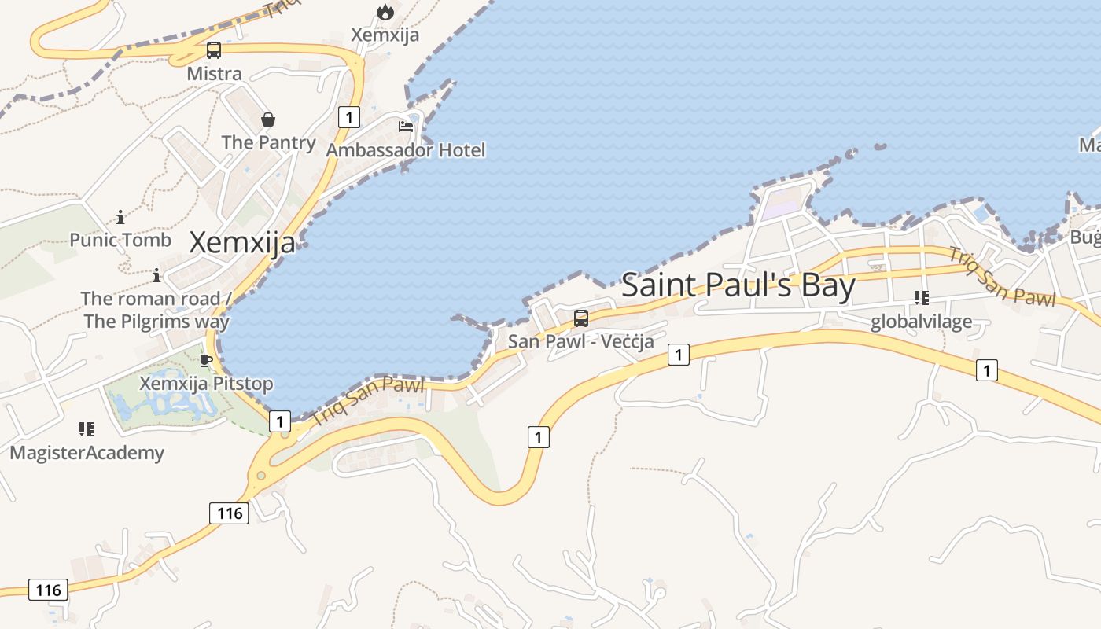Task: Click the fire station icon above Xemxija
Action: [x=385, y=12]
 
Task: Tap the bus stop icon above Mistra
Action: [x=214, y=50]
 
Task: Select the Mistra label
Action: [x=214, y=74]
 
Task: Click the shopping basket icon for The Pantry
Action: [x=268, y=120]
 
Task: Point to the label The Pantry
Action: [x=268, y=142]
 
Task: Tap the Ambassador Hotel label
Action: [x=406, y=150]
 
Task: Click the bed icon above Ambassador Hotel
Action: [x=406, y=127]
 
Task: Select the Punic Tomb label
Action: [x=120, y=240]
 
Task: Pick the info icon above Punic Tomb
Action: [x=120, y=216]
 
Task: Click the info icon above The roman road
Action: [x=156, y=275]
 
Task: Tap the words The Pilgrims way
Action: [x=156, y=321]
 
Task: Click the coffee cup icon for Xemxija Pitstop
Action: [x=206, y=360]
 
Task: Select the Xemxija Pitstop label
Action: [x=206, y=384]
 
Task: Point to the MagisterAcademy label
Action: [x=87, y=453]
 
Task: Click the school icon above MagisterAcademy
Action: [x=87, y=429]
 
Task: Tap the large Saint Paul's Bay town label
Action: [x=738, y=285]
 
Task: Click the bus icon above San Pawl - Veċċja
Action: [x=581, y=318]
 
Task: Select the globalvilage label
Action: [x=921, y=322]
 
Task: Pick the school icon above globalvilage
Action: [x=921, y=298]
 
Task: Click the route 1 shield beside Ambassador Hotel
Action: [x=348, y=117]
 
